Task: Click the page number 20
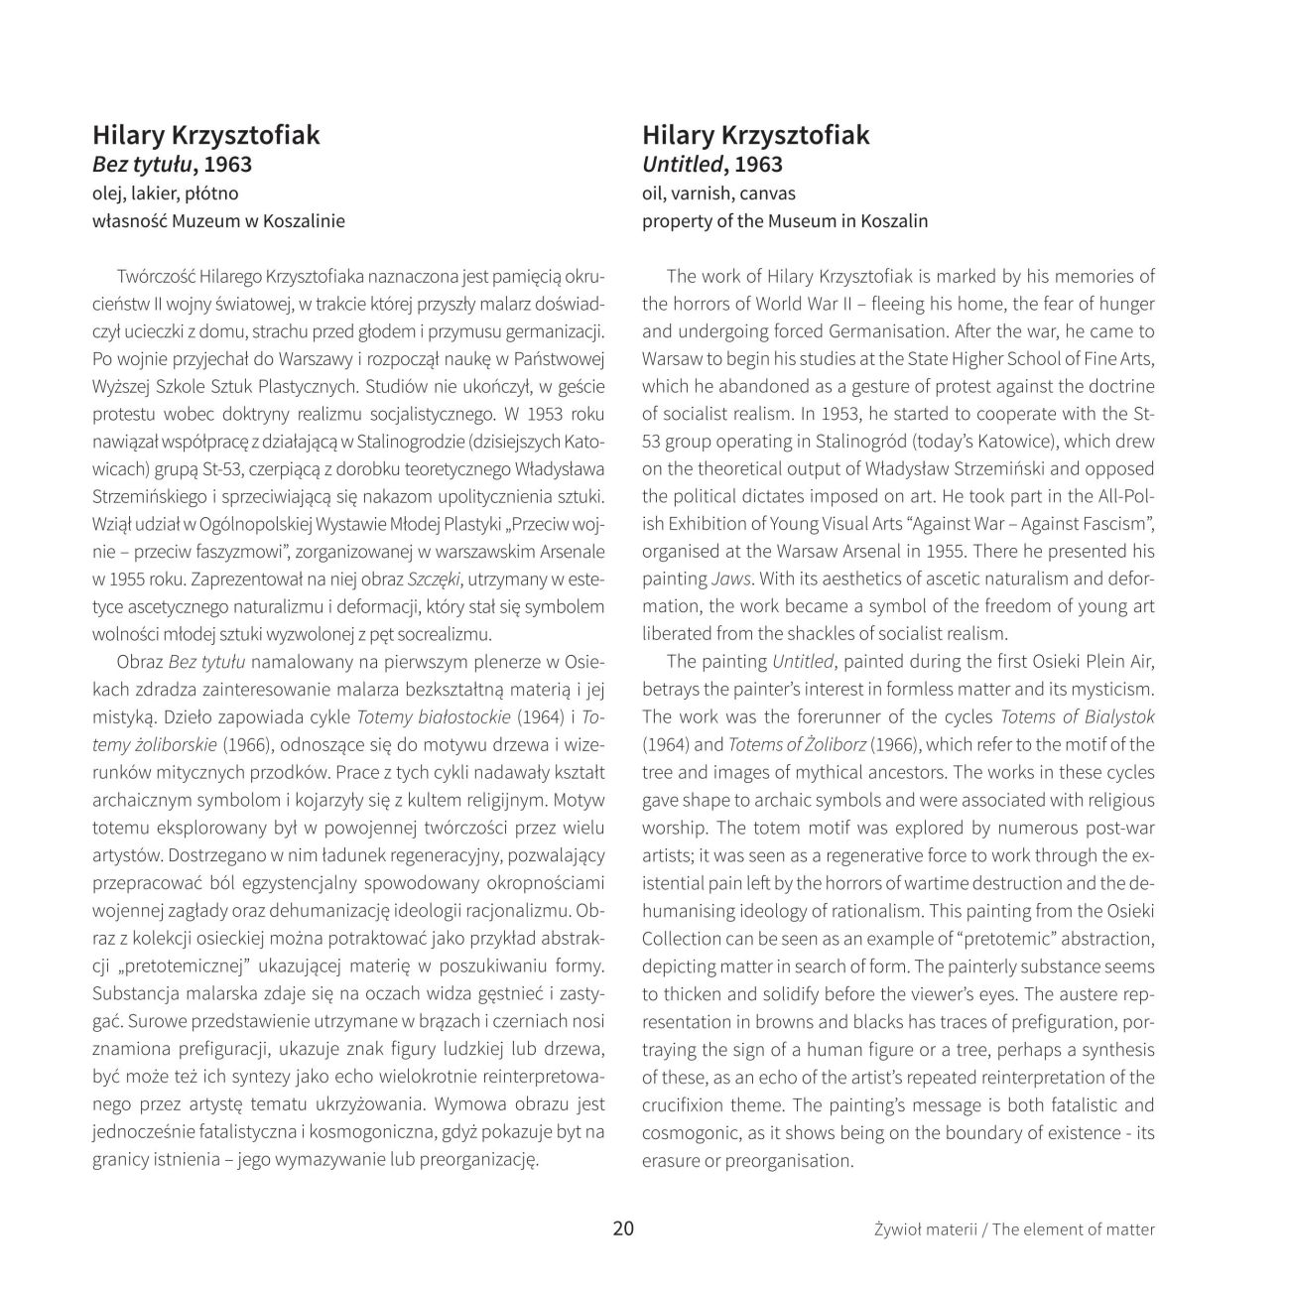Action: pyautogui.click(x=623, y=1228)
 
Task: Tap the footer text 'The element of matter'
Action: pyautogui.click(x=1074, y=1229)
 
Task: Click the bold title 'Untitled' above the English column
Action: pyautogui.click(x=682, y=165)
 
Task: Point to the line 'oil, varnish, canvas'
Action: pyautogui.click(x=718, y=193)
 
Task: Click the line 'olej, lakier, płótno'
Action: pyautogui.click(x=166, y=193)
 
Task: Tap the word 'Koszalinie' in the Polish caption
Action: pyautogui.click(x=304, y=221)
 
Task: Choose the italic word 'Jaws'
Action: pyautogui.click(x=729, y=578)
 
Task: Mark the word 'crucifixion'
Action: pyautogui.click(x=684, y=1105)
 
